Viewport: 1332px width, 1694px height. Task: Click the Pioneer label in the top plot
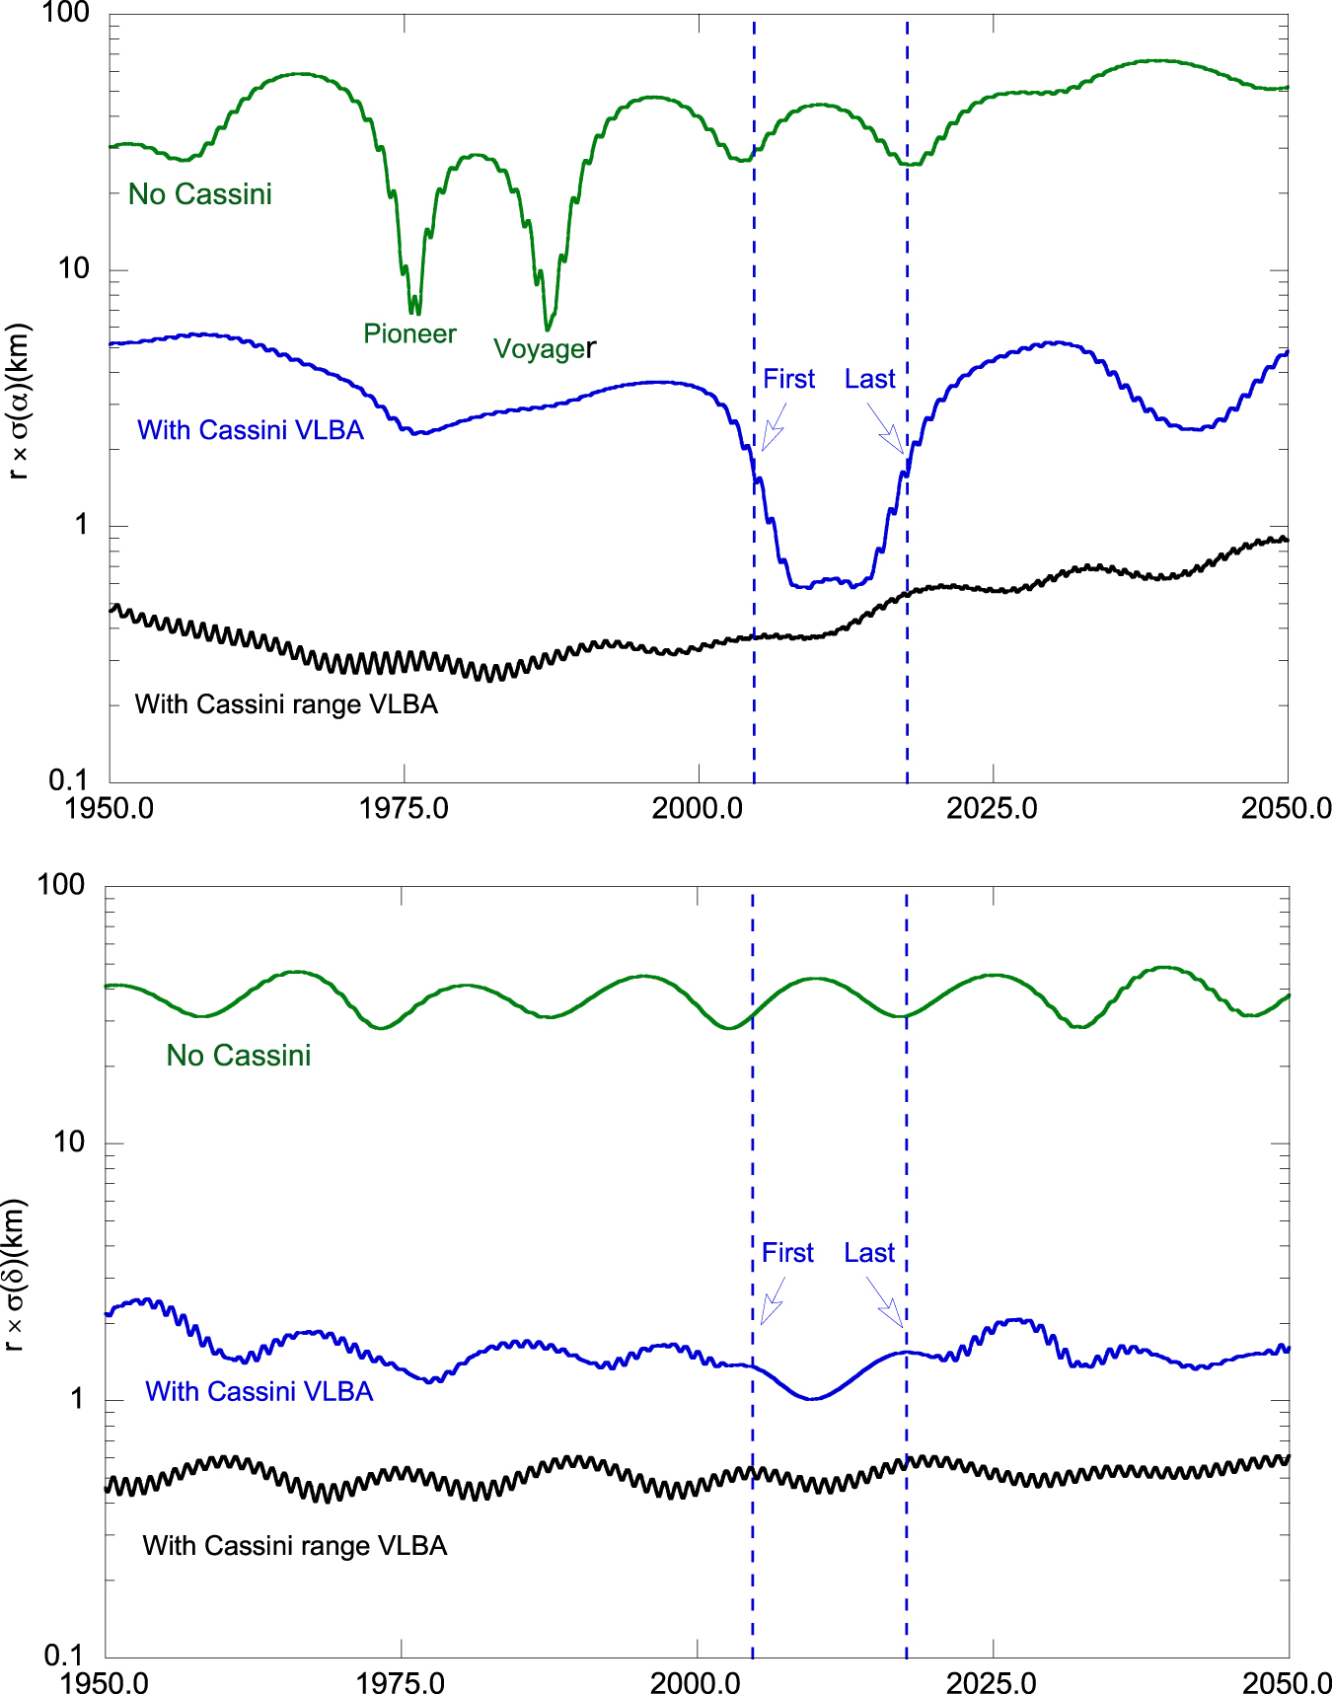pos(409,334)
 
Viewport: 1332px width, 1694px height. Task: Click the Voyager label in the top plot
pos(544,349)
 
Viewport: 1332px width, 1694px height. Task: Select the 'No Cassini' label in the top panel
pos(200,194)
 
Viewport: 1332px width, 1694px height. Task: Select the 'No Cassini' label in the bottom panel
pos(239,1056)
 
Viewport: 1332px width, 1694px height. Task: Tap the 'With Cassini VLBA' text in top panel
pos(251,430)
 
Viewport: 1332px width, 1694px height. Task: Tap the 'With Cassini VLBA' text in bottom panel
pos(259,1391)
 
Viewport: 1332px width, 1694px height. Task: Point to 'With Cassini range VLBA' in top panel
pos(286,704)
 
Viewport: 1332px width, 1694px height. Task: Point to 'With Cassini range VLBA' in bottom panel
pos(295,1545)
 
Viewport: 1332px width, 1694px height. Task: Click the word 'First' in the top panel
pos(788,380)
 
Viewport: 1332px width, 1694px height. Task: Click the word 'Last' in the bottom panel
pos(868,1253)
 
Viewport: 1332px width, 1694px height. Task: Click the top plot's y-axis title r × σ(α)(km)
pos(18,403)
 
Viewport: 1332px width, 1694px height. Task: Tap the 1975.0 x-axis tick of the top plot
pos(404,808)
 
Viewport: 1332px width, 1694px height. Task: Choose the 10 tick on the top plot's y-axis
pos(74,268)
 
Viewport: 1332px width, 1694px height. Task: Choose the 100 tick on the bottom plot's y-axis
pos(61,885)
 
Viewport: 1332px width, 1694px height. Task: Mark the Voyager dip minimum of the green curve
pos(548,329)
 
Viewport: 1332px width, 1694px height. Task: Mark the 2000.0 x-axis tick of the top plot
pos(698,808)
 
